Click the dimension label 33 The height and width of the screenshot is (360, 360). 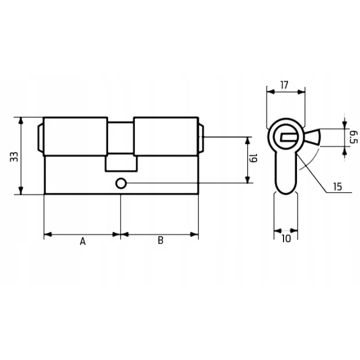(14, 156)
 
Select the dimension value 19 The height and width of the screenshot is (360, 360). (254, 158)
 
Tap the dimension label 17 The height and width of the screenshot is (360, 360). (284, 85)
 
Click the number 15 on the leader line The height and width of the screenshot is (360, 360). (337, 187)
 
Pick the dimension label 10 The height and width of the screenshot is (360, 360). (286, 238)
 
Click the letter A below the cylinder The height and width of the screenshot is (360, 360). (83, 241)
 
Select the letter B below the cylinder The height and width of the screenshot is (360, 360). (160, 240)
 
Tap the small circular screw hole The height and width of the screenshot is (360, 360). (121, 183)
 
